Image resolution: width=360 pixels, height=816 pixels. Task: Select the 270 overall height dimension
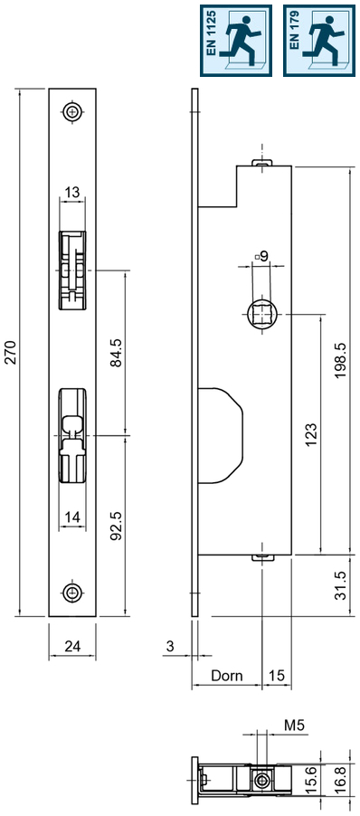(11, 352)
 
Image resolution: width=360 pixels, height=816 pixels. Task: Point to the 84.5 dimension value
(115, 352)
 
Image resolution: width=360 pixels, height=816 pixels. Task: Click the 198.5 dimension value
(340, 360)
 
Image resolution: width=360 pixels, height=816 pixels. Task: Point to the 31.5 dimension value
(340, 585)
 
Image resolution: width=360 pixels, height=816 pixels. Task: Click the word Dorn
(226, 675)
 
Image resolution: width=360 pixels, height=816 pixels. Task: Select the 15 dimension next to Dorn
(276, 675)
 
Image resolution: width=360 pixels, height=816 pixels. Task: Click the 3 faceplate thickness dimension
(170, 646)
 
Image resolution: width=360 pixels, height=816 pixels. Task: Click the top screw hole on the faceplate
(71, 112)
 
